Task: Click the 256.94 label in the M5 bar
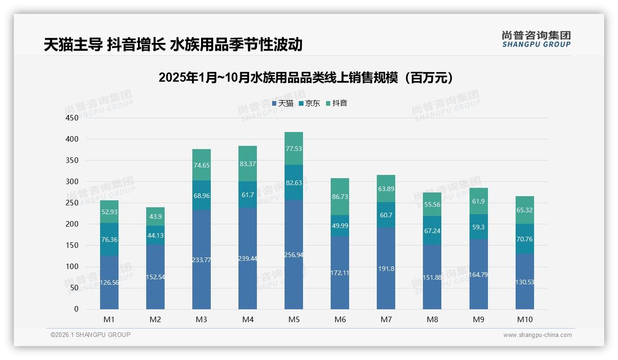click(294, 255)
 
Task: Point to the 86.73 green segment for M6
click(340, 197)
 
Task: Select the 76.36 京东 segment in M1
click(109, 240)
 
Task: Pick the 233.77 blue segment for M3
click(202, 260)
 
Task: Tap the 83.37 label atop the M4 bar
click(248, 164)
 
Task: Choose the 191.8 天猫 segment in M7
click(386, 268)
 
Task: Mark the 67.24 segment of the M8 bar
click(432, 231)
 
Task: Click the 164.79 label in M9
click(478, 275)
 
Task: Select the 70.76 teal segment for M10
click(524, 239)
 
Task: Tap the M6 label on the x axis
click(340, 319)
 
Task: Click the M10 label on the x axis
click(524, 319)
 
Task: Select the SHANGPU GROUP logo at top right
click(536, 39)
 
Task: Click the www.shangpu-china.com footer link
click(537, 335)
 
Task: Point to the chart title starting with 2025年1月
click(306, 78)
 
